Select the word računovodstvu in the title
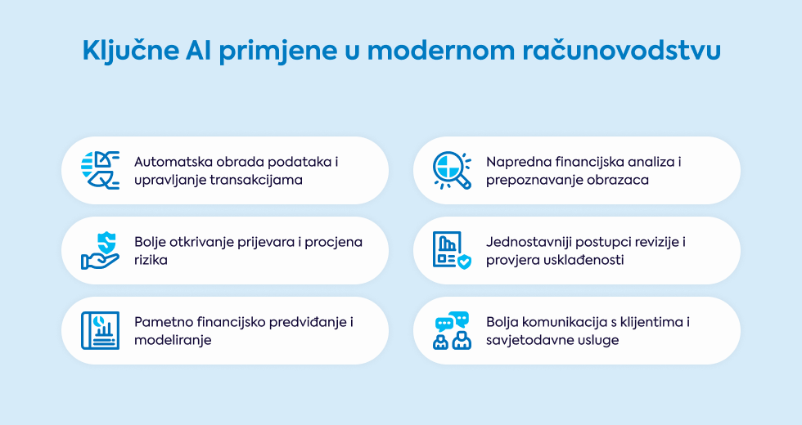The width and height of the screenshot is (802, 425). (x=621, y=51)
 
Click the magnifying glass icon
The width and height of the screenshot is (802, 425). (x=452, y=171)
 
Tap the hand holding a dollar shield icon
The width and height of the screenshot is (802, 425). (x=100, y=250)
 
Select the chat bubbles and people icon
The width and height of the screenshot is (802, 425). (x=452, y=330)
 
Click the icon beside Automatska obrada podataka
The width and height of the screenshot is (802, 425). (x=100, y=171)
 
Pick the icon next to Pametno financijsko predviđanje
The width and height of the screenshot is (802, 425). (x=100, y=330)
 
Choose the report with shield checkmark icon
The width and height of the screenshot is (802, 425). (x=452, y=250)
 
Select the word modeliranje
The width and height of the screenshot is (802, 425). (x=173, y=340)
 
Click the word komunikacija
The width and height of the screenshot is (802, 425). (x=563, y=322)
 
